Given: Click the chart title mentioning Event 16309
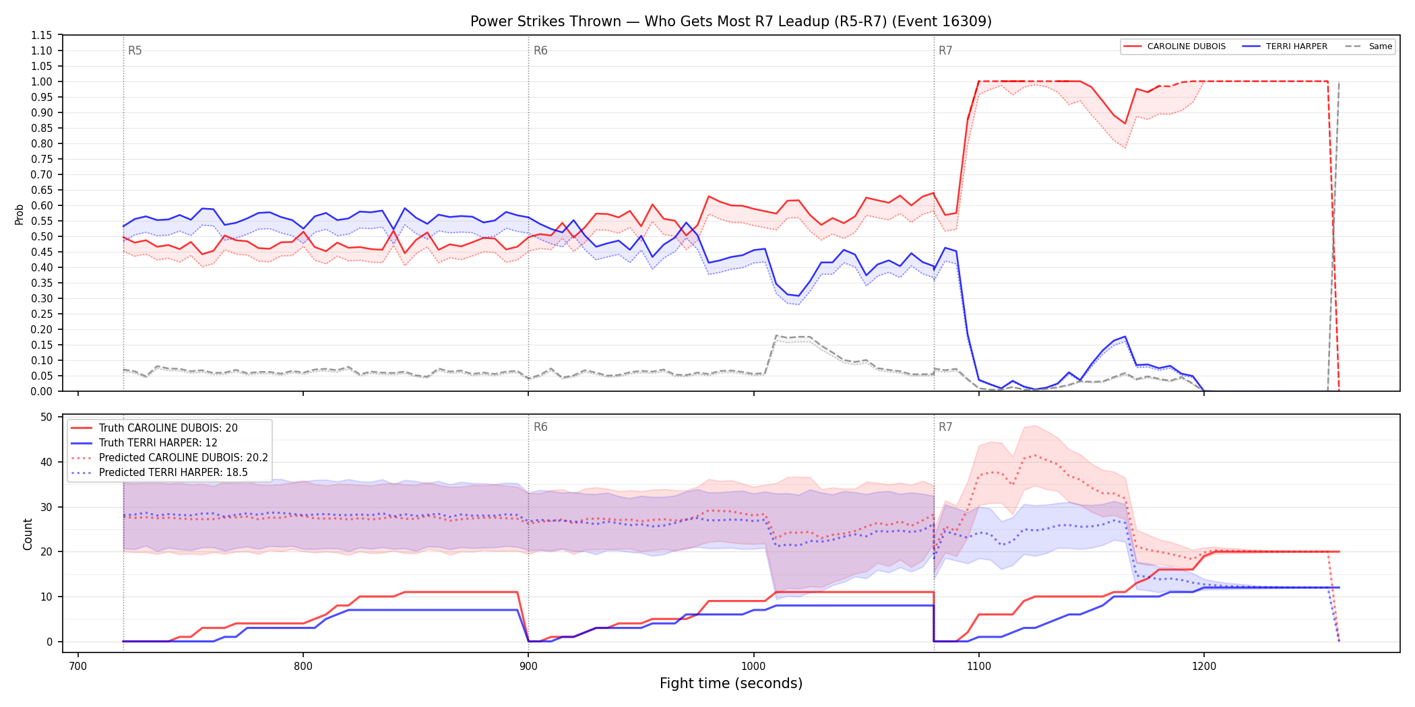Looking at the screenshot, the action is (731, 22).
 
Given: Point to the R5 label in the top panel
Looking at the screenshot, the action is (135, 50).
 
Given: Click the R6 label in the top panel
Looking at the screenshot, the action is (540, 50).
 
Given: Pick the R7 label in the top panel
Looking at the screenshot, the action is (945, 50).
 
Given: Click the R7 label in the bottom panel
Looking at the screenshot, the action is (945, 427).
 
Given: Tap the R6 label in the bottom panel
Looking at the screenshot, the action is (540, 427).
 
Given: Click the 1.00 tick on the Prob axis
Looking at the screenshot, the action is (42, 81).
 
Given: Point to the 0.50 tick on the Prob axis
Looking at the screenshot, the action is (42, 236).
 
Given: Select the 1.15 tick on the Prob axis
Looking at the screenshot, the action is (42, 35).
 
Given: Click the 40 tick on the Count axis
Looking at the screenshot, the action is (46, 462).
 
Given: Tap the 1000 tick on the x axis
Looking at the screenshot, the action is (753, 667).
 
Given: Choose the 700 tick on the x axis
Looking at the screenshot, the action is (78, 667).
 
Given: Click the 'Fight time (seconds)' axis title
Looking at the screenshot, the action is (731, 683).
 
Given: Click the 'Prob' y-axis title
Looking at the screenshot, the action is (20, 214).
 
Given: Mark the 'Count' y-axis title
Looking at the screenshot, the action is (28, 534).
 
